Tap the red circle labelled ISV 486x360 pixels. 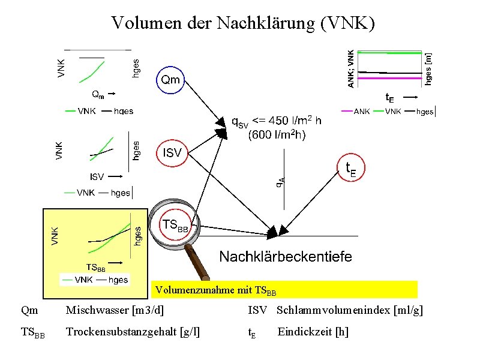172,153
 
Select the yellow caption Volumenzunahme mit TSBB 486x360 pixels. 216,291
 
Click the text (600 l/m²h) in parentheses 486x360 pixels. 277,135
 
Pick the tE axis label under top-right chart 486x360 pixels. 389,97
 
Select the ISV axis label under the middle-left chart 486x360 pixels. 97,176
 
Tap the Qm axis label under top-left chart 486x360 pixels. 97,94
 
